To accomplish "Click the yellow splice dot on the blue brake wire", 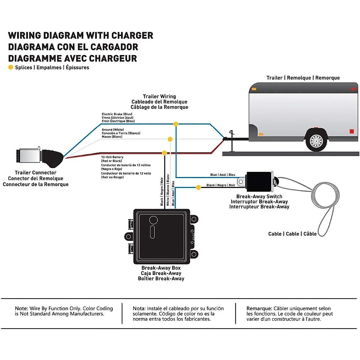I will [x=176, y=124].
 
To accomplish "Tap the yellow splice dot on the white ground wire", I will [x=170, y=139].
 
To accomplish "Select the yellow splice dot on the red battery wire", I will [x=164, y=153].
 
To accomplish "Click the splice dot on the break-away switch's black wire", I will [x=198, y=187].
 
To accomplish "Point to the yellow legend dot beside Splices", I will [x=11, y=67].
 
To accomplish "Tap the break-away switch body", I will [x=259, y=181].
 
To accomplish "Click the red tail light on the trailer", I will [x=352, y=131].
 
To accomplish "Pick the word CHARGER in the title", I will [x=132, y=35].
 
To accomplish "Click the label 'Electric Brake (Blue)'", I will [x=117, y=114].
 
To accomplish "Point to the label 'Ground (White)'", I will [x=113, y=130].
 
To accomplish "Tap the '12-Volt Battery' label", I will [x=112, y=157].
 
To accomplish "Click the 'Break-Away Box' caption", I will [x=161, y=268].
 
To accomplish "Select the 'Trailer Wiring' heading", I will [x=159, y=96].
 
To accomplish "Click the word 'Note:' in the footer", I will [x=21, y=308].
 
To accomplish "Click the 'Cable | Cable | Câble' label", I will [x=292, y=234].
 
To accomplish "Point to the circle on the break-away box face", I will [x=153, y=220].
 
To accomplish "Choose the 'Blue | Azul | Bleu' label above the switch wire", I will [x=223, y=175].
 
